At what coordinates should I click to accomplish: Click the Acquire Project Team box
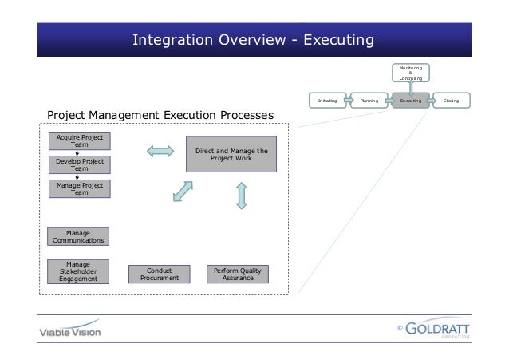point(79,141)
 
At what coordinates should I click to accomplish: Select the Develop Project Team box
point(79,165)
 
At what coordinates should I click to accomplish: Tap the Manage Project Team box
point(79,189)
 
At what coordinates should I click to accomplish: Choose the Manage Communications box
point(77,236)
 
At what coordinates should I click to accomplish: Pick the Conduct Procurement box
point(160,275)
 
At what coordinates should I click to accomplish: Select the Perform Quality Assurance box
point(237,275)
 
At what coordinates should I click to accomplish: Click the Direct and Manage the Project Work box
point(231,154)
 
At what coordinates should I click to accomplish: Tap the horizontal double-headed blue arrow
point(160,150)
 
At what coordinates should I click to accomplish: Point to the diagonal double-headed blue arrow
point(183,192)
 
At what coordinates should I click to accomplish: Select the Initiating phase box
point(327,101)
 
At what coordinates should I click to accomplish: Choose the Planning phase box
point(369,101)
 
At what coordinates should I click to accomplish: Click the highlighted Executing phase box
point(411,101)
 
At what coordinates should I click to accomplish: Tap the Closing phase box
point(452,101)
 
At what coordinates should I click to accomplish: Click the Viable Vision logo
point(70,329)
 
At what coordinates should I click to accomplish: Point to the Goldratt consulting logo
point(436,329)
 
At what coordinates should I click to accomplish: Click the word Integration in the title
point(168,39)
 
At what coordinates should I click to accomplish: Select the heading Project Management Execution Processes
point(160,117)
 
